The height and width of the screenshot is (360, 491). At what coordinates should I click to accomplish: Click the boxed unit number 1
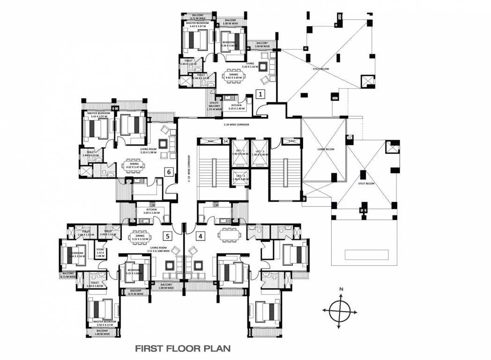tap(261, 94)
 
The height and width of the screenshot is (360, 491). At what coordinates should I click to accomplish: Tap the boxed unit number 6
tap(168, 172)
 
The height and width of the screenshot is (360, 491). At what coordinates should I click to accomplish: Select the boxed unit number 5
tap(167, 236)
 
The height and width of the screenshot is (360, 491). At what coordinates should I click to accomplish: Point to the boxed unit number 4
tap(200, 236)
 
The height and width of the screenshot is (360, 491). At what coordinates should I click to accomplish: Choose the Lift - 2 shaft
tap(259, 154)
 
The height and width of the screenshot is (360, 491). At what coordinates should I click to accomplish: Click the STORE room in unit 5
tap(100, 253)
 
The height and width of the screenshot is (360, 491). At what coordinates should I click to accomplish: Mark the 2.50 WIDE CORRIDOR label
tap(236, 125)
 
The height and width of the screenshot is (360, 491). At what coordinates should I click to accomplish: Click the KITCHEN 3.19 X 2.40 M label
tap(235, 107)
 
